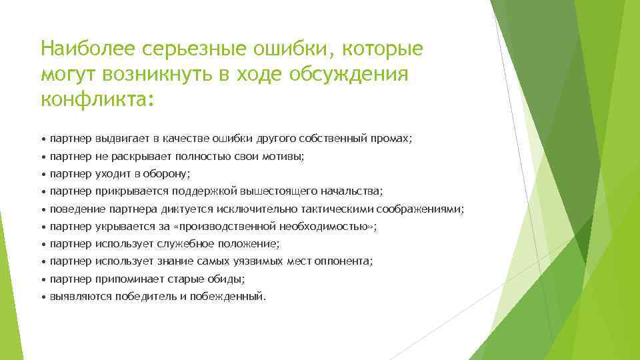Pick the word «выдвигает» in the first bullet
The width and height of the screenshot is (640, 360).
tap(123, 139)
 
